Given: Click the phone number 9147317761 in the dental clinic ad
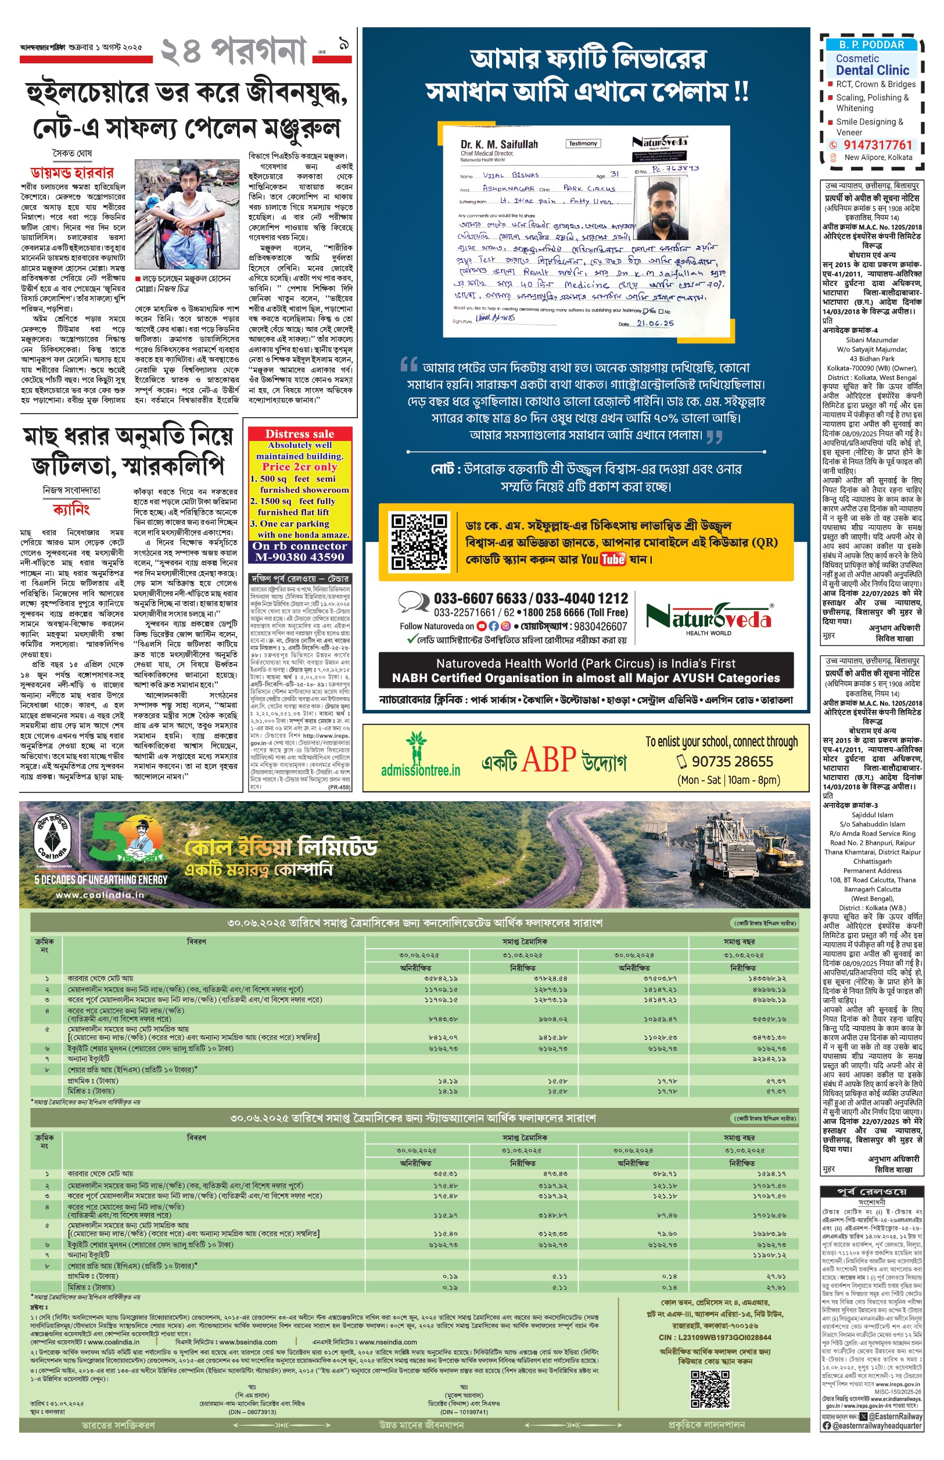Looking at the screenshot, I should pyautogui.click(x=878, y=145).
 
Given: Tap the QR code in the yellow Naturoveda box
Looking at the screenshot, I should pyautogui.click(x=419, y=542).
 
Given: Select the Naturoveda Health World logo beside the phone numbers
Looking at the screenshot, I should pyautogui.click(x=708, y=617).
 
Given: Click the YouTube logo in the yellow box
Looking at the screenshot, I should pyautogui.click(x=612, y=559).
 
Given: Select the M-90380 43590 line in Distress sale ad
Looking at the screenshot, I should pyautogui.click(x=300, y=557).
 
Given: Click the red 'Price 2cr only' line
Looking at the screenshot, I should pyautogui.click(x=300, y=467).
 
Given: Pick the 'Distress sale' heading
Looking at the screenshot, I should pyautogui.click(x=300, y=434).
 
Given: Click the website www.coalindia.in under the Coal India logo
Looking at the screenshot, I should pyautogui.click(x=99, y=895).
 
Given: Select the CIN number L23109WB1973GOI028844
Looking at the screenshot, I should pyautogui.click(x=715, y=1337).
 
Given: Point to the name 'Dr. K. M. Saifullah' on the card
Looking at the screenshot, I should pyautogui.click(x=499, y=145).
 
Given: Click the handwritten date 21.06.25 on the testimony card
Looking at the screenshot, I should pyautogui.click(x=655, y=323).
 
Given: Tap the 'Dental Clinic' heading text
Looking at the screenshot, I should pyautogui.click(x=873, y=70).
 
